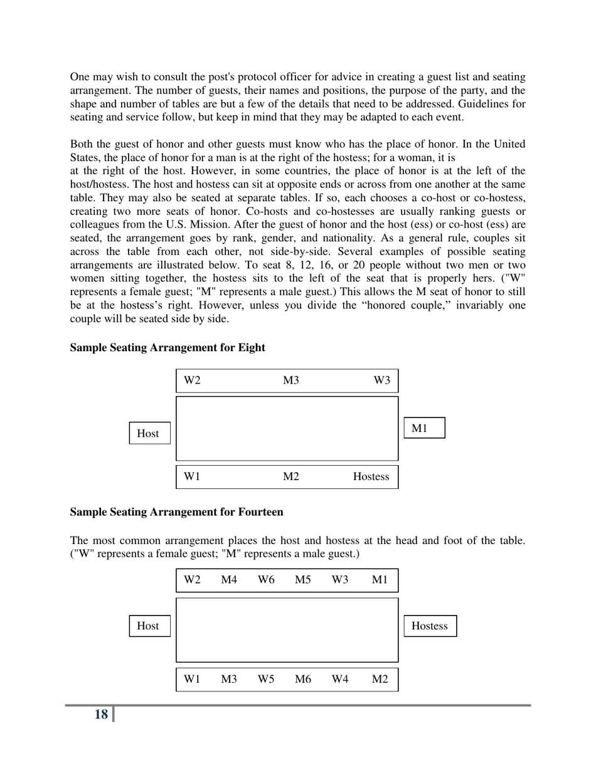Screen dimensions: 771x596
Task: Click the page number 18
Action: click(x=101, y=714)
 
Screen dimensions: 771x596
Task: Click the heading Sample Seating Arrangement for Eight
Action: click(x=168, y=347)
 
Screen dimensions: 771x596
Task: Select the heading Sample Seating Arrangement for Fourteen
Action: click(x=176, y=512)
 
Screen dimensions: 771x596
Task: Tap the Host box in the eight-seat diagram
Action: click(x=149, y=433)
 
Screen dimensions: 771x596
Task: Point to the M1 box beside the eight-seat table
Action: click(x=423, y=428)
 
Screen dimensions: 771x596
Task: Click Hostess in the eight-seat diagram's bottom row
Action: click(x=371, y=476)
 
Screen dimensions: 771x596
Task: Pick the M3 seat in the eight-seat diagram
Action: click(x=290, y=380)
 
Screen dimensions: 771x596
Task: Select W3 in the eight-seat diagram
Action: click(x=381, y=380)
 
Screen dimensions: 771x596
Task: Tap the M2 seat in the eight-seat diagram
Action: click(x=290, y=476)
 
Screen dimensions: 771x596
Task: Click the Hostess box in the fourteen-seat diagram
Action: click(x=429, y=626)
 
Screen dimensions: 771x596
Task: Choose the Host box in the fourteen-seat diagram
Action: click(x=149, y=626)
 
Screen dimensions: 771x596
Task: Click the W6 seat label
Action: click(x=266, y=580)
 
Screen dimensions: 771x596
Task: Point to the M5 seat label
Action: click(x=303, y=580)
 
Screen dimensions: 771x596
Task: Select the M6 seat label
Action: click(x=303, y=679)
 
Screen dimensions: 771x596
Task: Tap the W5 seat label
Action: click(x=266, y=679)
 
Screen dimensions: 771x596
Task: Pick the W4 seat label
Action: click(x=339, y=679)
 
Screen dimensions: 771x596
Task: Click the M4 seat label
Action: click(x=229, y=580)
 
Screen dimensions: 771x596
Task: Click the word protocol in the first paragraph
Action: click(x=258, y=77)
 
